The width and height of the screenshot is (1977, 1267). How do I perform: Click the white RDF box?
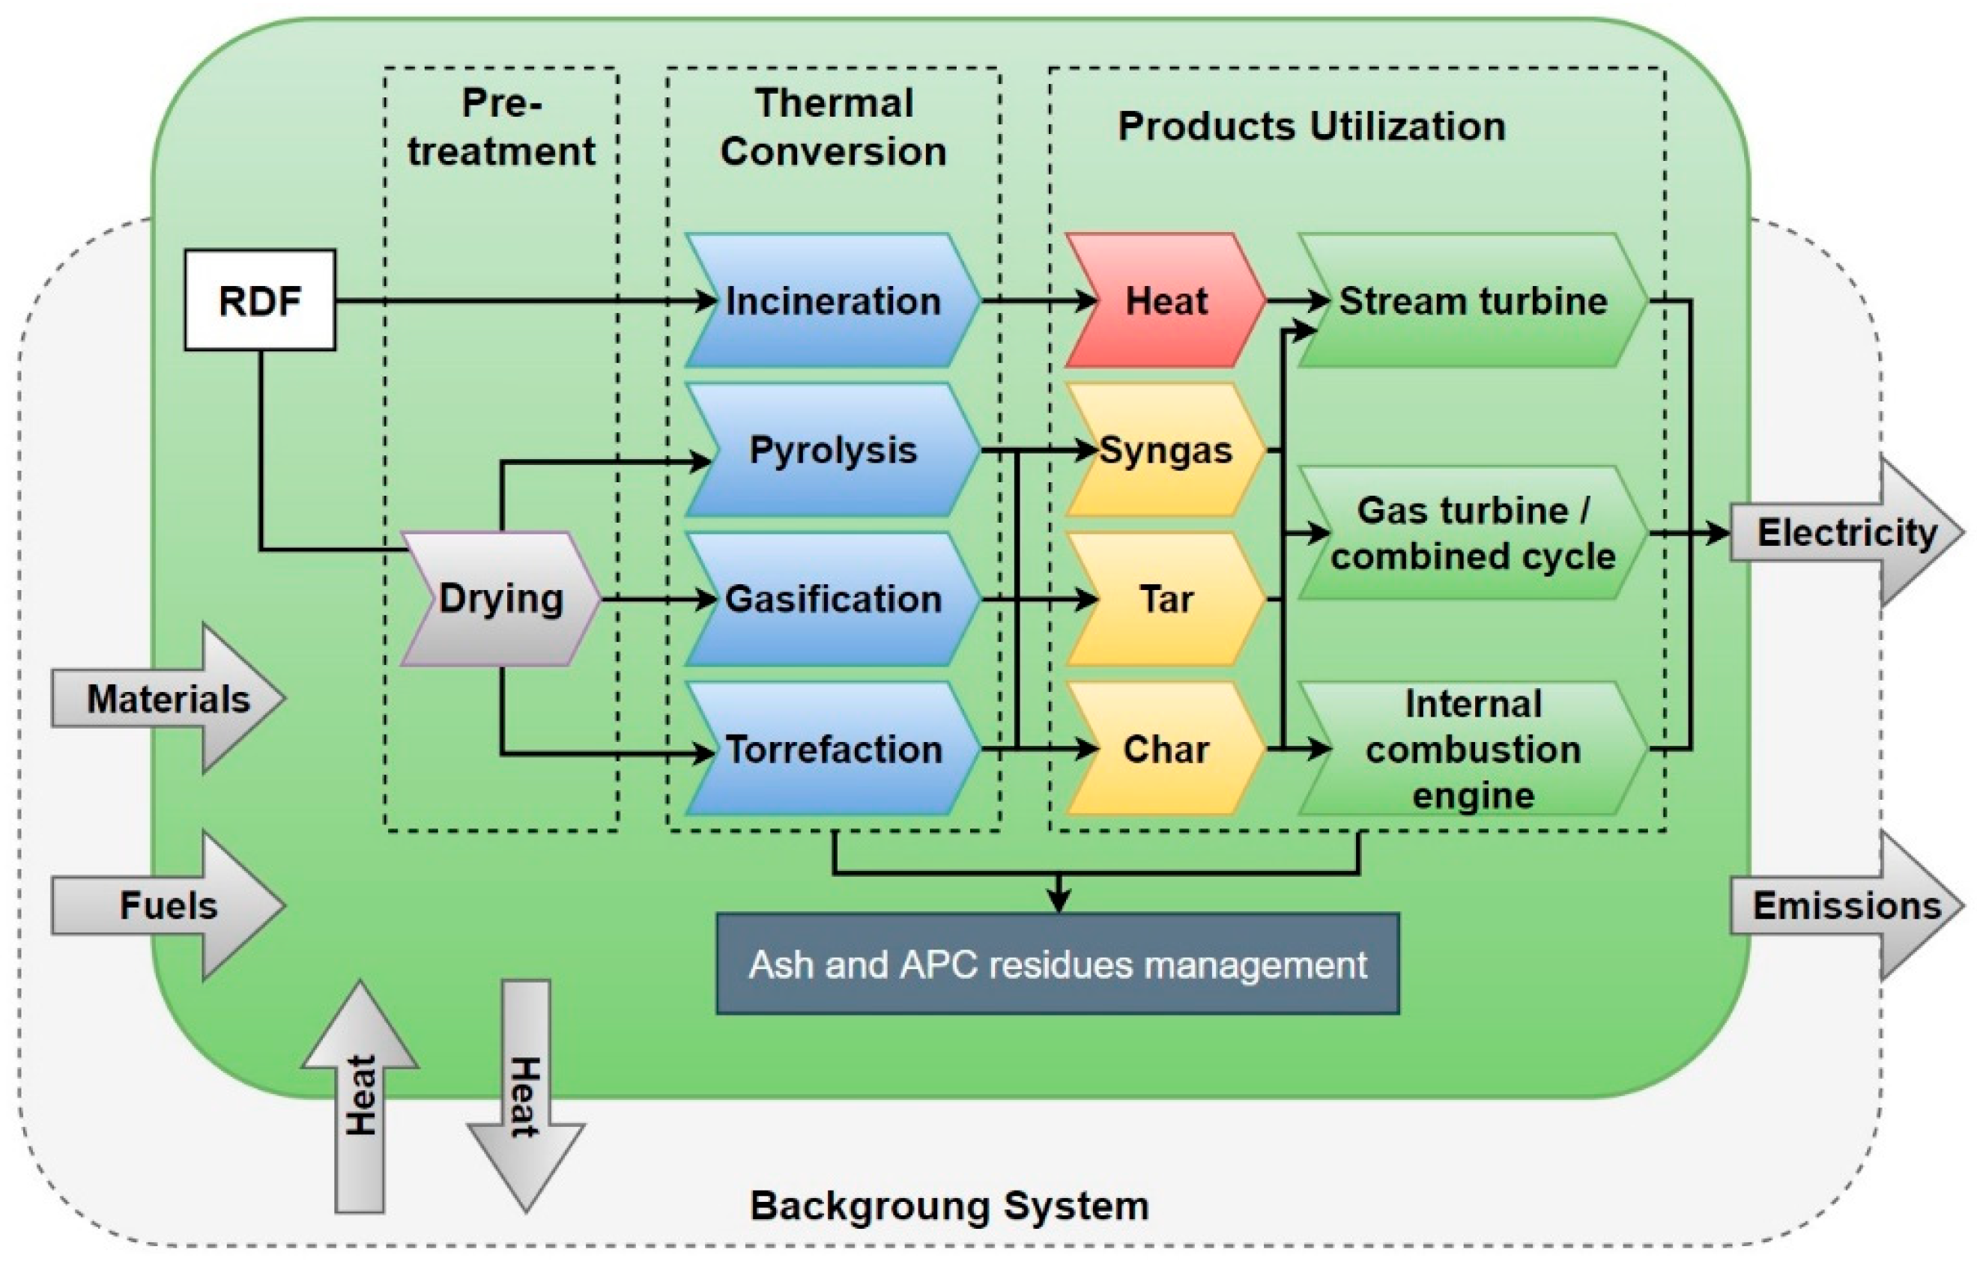(259, 300)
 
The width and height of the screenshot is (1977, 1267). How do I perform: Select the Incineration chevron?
(832, 300)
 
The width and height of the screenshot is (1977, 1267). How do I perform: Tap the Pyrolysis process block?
(832, 450)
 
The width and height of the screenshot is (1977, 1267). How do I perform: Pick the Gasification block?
(832, 599)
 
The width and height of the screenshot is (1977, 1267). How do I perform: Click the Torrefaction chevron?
(832, 749)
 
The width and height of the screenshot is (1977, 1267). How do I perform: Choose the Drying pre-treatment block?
(500, 599)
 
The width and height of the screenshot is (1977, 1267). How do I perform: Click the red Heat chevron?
(1166, 300)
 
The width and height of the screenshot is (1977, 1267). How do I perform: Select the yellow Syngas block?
(1166, 450)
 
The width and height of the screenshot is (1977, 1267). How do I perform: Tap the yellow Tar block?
(1166, 599)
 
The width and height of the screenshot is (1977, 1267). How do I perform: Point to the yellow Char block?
(1166, 749)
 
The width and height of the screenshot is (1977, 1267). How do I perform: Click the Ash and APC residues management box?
(1058, 964)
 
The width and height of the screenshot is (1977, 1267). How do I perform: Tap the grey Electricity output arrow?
(1844, 533)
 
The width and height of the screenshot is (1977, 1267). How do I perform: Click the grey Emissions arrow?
(1844, 906)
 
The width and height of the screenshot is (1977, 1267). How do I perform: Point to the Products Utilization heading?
(1310, 127)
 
